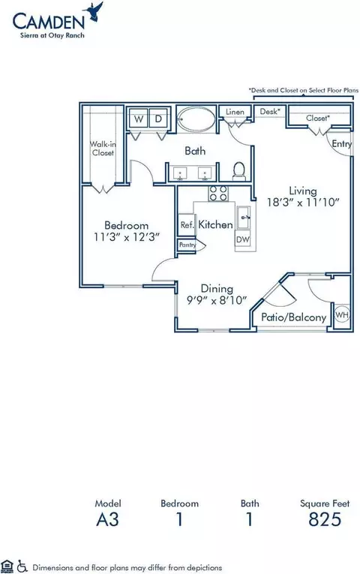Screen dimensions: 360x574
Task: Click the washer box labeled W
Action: click(138, 119)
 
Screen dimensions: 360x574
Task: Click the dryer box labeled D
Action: click(158, 119)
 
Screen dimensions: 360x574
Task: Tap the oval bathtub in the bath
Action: click(196, 119)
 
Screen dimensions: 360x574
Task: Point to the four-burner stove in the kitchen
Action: click(218, 194)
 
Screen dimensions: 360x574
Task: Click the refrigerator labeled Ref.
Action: click(186, 224)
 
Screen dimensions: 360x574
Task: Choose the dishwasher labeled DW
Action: click(243, 239)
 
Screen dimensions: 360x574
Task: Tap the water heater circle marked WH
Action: click(342, 314)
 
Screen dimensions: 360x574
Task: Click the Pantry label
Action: click(187, 245)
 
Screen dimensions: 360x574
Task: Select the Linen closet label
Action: click(235, 112)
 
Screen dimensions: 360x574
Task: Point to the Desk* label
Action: click(270, 111)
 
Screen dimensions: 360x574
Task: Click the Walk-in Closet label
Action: click(103, 149)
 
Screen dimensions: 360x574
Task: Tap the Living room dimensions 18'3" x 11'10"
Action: click(303, 202)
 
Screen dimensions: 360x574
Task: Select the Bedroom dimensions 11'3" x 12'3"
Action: click(127, 237)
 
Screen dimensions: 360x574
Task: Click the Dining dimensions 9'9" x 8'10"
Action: click(217, 300)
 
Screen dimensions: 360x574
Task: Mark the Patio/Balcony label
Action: click(293, 317)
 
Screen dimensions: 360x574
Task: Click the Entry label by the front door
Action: click(342, 144)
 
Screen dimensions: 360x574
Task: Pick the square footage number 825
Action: click(325, 519)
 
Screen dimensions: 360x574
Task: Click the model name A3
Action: click(107, 519)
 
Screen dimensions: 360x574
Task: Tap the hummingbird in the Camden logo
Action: click(94, 12)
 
